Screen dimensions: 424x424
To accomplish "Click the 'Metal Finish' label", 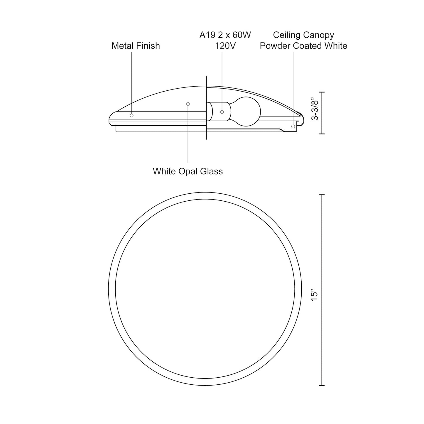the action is [x=136, y=46].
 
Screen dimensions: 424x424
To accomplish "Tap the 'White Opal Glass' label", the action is [x=188, y=171].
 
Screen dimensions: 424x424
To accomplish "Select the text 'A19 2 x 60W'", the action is [x=225, y=35].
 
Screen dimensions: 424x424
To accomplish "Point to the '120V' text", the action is [x=225, y=46].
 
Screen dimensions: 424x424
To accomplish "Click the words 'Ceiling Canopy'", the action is [x=303, y=35].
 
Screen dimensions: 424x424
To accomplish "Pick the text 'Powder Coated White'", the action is [x=303, y=46].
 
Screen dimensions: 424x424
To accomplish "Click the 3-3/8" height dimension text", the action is [x=315, y=110].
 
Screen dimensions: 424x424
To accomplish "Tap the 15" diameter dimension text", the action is [x=315, y=296].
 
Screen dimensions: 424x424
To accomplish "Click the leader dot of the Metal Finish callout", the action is [x=131, y=116].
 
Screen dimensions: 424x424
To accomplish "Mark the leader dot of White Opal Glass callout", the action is [x=188, y=104].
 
